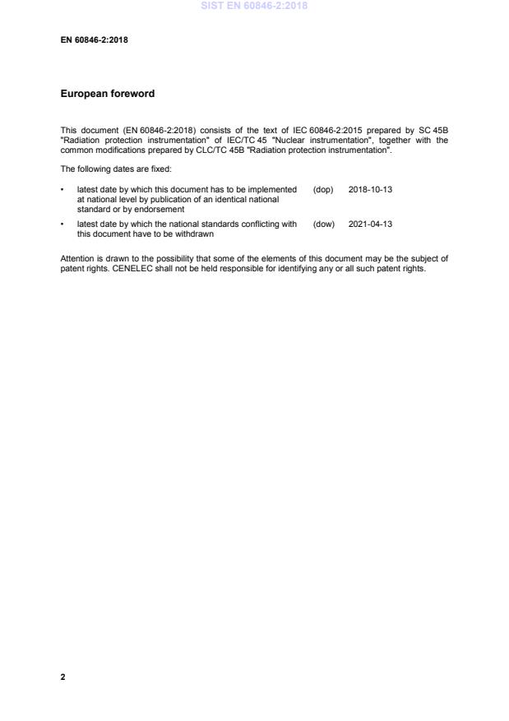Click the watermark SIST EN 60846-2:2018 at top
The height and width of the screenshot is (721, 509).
click(254, 5)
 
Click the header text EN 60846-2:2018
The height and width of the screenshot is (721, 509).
click(94, 39)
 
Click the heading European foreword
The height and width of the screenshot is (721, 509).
click(108, 94)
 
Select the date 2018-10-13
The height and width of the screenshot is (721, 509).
click(370, 189)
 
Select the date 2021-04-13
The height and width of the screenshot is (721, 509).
click(370, 224)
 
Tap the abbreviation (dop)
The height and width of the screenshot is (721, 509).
click(323, 189)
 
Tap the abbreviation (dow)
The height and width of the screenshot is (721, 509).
click(324, 224)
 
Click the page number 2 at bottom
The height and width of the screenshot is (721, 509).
click(62, 677)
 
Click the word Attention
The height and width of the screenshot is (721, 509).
click(76, 258)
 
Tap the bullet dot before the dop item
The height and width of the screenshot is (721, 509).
click(62, 189)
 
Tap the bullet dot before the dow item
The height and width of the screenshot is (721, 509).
click(62, 224)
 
